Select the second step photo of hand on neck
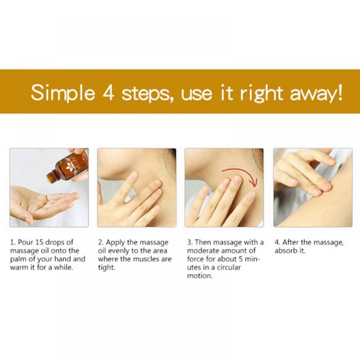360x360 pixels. (x=137, y=187)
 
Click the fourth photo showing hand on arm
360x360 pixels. (x=312, y=187)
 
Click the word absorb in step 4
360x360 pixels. (x=286, y=251)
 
